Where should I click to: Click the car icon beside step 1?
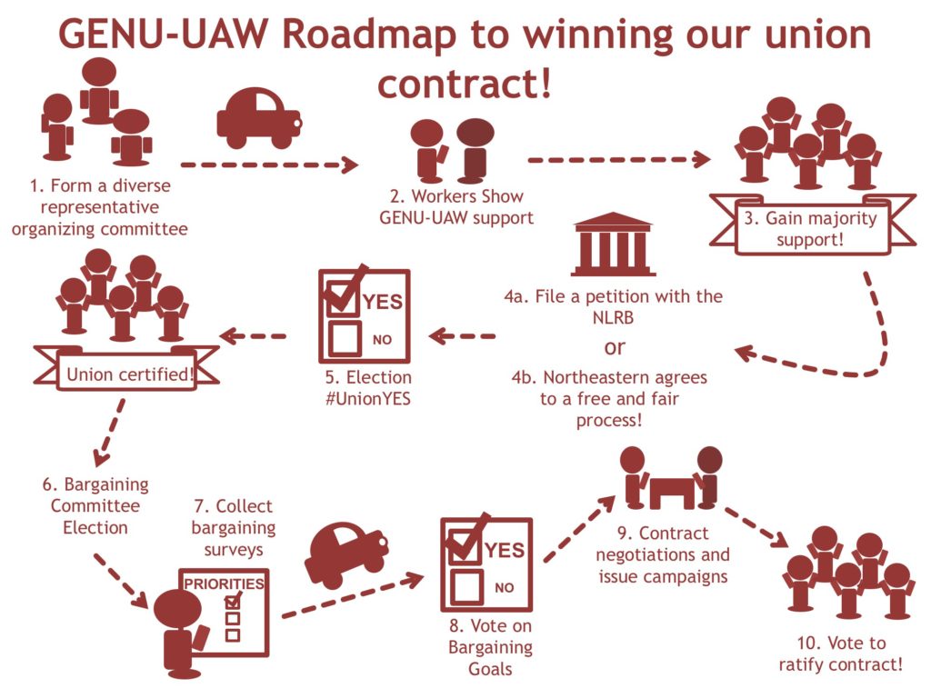coord(259,119)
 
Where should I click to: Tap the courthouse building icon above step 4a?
coord(614,244)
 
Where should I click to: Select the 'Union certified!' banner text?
coord(129,374)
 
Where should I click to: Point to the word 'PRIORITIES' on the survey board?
coord(224,584)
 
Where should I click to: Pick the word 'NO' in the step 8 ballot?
coord(504,588)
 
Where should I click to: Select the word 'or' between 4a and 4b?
coord(615,347)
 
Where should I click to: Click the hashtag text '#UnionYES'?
coord(368,398)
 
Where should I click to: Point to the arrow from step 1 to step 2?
coord(269,165)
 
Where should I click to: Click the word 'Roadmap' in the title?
coord(369,35)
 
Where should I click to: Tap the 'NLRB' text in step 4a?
coord(614,318)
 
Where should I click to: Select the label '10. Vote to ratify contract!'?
coord(841,653)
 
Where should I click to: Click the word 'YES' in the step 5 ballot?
coord(383,302)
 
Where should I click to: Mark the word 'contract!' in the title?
coord(465,84)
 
